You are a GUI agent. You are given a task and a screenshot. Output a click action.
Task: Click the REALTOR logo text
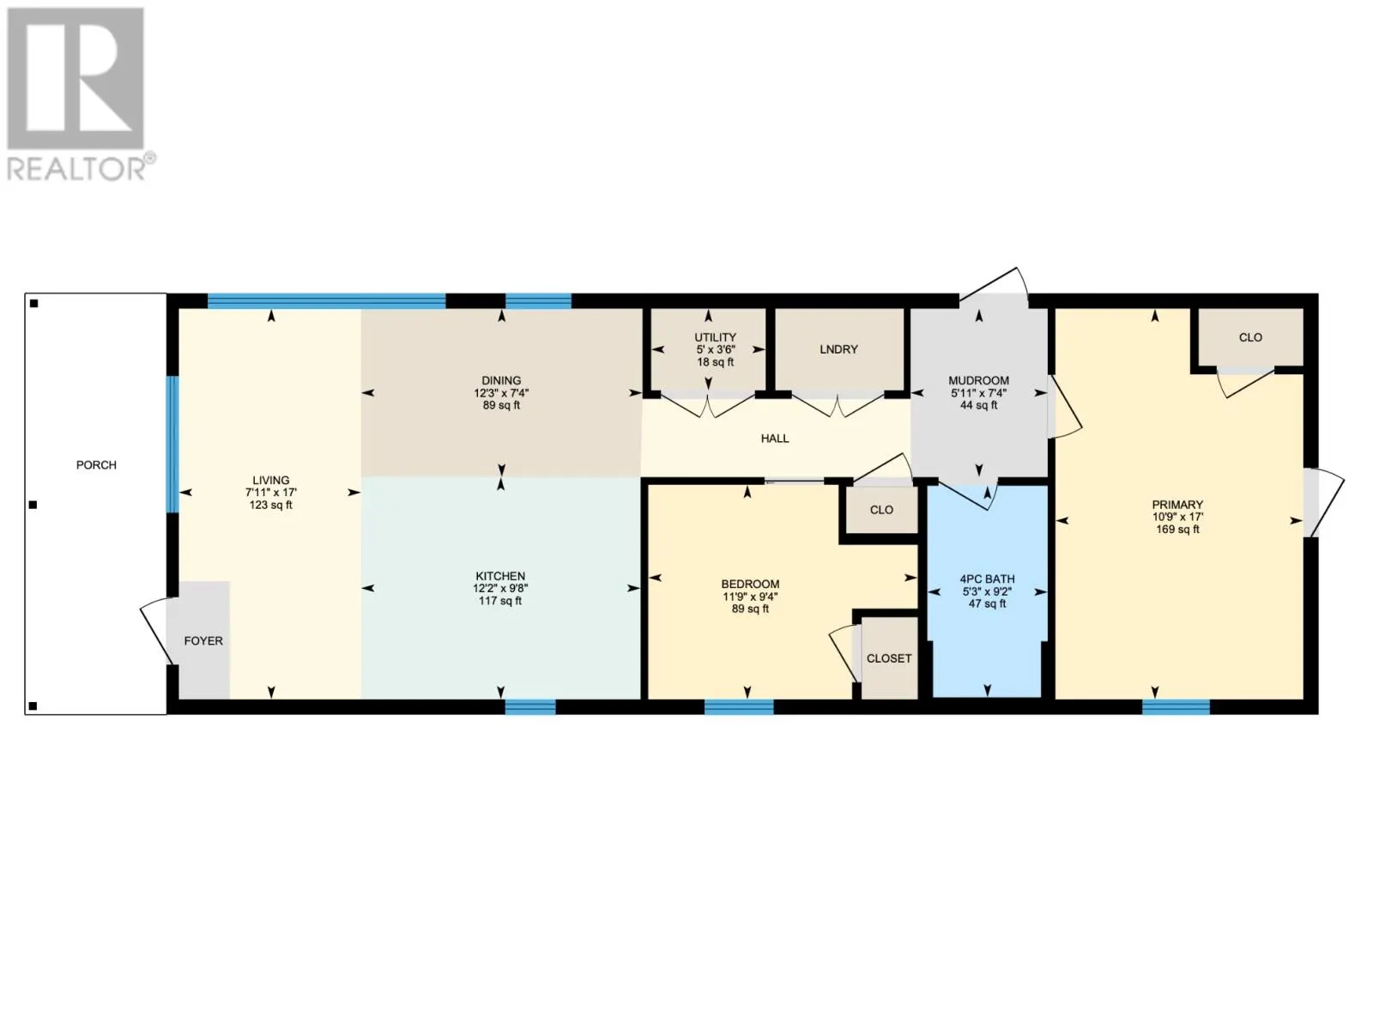82,167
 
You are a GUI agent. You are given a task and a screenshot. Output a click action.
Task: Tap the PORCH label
96,465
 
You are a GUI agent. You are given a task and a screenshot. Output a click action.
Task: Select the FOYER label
203,641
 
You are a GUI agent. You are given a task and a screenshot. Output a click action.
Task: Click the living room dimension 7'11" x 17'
271,493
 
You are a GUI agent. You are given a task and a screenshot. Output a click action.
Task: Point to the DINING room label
501,380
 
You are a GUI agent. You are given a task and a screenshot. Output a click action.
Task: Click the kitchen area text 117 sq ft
500,601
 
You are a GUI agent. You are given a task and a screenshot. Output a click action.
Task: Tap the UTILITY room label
715,337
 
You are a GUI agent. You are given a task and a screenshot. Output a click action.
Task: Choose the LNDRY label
838,349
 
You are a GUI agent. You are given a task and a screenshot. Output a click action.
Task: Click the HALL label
775,439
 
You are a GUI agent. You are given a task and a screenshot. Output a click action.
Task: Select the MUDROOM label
978,380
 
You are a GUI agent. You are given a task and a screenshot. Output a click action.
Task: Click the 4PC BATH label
987,579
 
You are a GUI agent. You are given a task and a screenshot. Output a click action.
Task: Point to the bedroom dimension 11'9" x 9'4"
750,597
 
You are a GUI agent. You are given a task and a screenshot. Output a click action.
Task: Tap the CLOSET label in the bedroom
889,658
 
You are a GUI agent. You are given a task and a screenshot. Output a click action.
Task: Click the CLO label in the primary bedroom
1250,337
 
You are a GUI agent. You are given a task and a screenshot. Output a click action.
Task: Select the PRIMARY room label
1177,505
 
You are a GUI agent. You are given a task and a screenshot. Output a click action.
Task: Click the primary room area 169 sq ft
1177,530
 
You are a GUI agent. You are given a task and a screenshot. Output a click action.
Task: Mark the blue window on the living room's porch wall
172,444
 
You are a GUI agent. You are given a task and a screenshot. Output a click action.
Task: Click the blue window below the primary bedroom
1176,707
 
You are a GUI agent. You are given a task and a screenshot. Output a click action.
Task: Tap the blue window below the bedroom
739,707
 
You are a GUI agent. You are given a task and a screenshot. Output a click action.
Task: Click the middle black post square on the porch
33,505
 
